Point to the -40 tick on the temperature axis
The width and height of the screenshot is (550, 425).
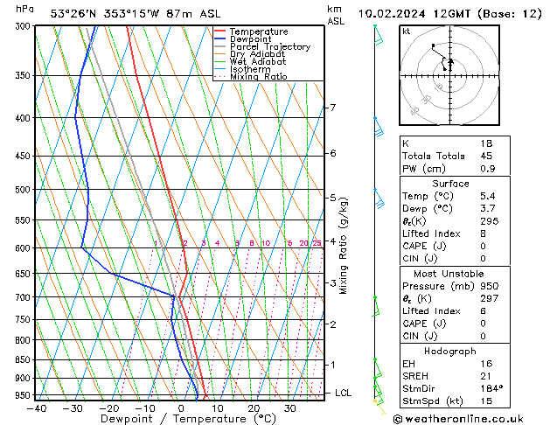(x=37, y=408)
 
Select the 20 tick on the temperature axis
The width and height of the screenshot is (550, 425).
(x=254, y=408)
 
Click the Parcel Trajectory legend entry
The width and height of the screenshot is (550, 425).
(x=269, y=46)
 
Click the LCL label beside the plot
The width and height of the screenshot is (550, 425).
(x=343, y=394)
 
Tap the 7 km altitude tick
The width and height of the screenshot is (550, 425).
(x=332, y=108)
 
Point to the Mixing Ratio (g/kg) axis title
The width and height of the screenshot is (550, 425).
(x=344, y=245)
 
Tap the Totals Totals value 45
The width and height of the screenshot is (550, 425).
(x=486, y=157)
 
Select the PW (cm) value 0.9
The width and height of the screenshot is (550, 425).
(x=487, y=169)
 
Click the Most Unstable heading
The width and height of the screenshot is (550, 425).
(x=463, y=273)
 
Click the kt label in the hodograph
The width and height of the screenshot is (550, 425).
(x=407, y=31)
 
